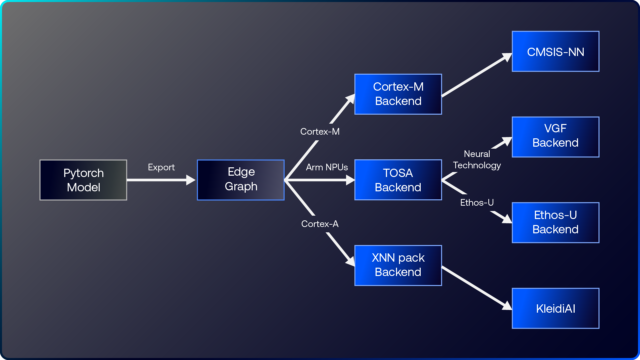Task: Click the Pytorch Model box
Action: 83,180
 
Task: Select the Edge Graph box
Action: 241,180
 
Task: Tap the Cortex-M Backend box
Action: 398,94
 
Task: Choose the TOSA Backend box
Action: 398,180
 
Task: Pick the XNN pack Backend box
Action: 398,265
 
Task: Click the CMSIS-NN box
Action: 555,51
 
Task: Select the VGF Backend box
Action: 555,137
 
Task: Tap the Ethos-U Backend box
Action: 555,222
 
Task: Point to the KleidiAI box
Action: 555,308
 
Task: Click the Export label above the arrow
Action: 161,167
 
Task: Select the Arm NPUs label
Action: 327,167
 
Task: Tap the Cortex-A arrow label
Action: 320,224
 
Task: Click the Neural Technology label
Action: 477,160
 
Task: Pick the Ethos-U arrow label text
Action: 477,203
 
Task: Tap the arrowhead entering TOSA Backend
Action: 350,180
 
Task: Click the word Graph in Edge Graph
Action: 241,186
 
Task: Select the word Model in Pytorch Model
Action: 83,187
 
